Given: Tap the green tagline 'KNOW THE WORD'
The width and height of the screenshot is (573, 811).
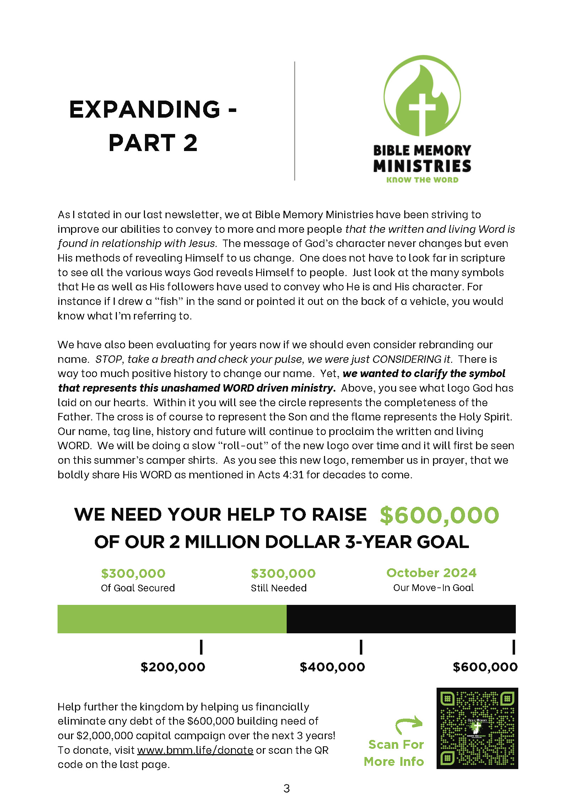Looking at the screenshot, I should pos(422,180).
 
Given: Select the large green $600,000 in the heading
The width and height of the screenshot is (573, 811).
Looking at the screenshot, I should pos(439,515).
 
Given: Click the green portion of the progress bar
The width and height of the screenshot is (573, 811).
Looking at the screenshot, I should pos(172,619).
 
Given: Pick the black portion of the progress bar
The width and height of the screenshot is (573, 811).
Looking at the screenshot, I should pos(401,619).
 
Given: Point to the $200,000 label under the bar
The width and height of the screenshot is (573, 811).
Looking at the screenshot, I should pos(173,667).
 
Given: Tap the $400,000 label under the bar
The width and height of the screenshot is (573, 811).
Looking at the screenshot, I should pos(332,667).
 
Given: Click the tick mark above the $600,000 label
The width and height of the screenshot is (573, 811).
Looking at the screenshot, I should pos(513,647).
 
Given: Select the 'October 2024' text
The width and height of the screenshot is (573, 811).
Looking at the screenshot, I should pos(431,573).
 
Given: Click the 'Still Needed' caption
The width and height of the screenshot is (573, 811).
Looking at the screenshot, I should pos(279,588).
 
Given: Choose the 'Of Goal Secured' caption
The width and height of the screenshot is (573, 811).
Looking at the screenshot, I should pos(138,588).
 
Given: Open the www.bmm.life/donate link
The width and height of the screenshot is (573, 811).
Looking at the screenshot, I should pos(195,750).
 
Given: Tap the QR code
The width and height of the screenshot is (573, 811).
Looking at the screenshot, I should pos(477,728).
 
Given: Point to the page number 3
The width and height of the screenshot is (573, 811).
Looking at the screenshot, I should pos(287,789).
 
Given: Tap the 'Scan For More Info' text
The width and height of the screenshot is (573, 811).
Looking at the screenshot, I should pos(394,753).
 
